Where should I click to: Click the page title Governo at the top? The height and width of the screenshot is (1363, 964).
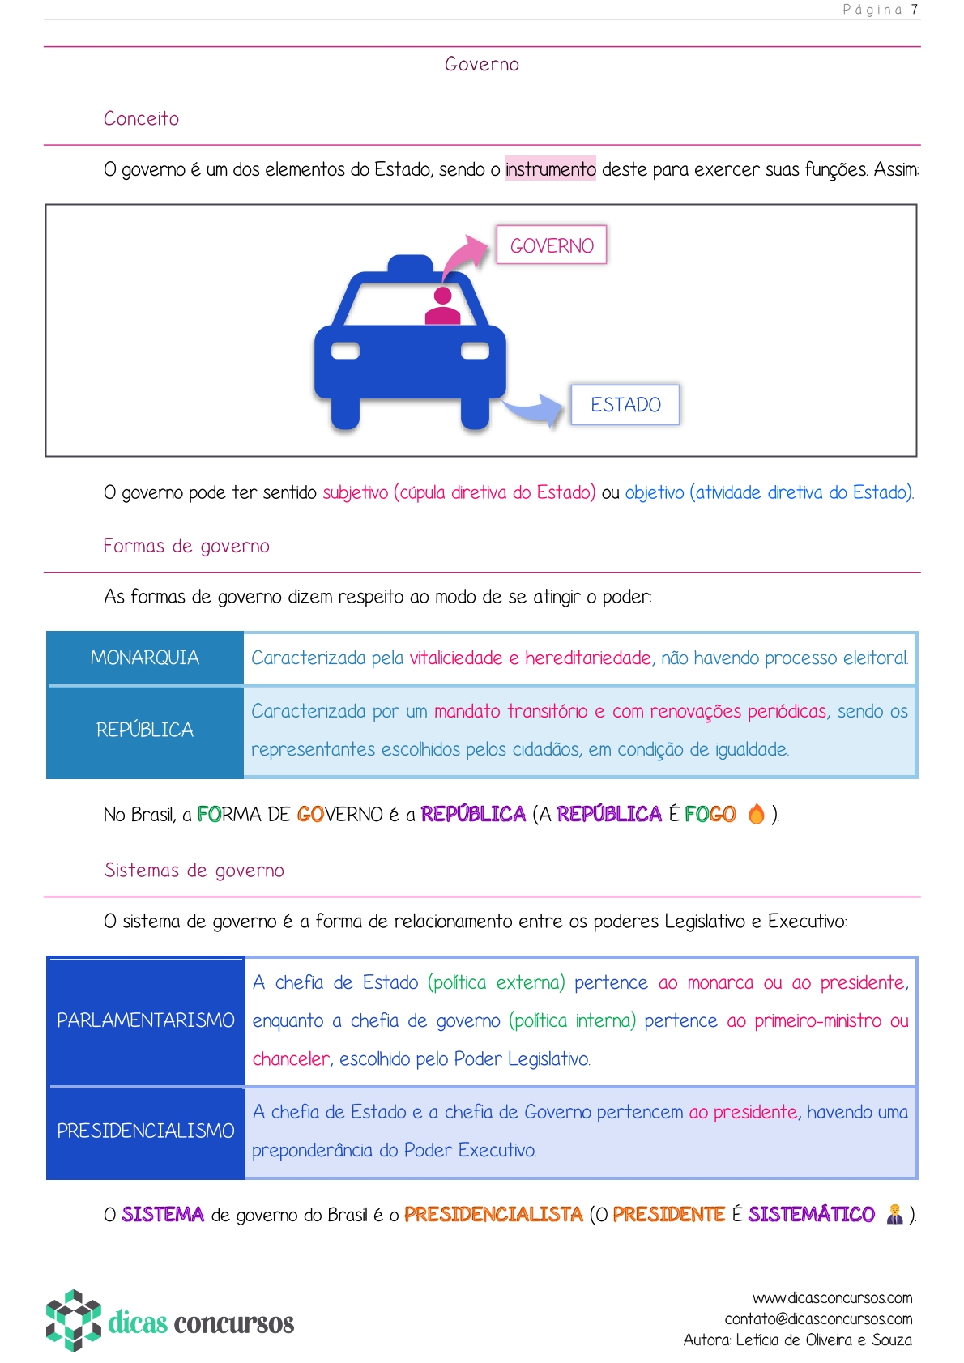[x=481, y=64]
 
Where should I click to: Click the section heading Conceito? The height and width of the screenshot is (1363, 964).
[x=141, y=118]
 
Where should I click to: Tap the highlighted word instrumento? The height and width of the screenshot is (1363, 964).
[x=550, y=168]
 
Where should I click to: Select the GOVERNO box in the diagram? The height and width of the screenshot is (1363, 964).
[x=552, y=245]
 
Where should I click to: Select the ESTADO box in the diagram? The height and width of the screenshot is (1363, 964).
[x=625, y=404]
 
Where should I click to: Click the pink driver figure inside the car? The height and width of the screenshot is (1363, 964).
[x=442, y=307]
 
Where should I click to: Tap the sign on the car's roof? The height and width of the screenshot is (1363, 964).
[x=410, y=265]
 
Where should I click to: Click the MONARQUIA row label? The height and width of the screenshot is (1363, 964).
[x=145, y=658]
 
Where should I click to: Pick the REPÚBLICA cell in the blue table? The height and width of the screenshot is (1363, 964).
[x=145, y=730]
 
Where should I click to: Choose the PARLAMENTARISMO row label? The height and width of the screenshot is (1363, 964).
[x=146, y=1020]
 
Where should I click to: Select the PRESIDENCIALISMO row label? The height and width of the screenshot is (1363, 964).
[x=146, y=1131]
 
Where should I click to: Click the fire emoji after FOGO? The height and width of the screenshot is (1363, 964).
[x=756, y=813]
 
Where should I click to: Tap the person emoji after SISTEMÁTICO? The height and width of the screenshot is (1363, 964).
[x=894, y=1214]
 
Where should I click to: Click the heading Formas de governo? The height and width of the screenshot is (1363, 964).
[x=186, y=546]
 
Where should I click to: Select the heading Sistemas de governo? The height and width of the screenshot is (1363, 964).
[x=194, y=870]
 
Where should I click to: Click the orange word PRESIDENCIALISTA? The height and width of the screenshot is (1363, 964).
[x=493, y=1214]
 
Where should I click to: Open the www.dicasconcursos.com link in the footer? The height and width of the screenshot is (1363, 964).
[x=832, y=1298]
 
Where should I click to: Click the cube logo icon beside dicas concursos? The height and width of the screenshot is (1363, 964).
[x=74, y=1320]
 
